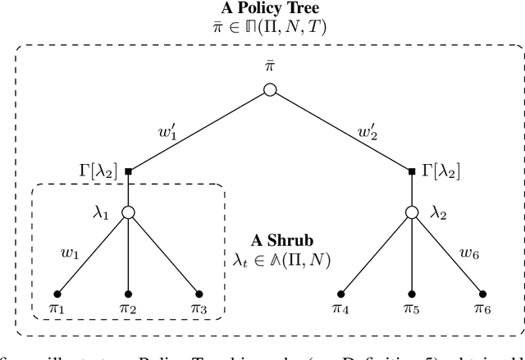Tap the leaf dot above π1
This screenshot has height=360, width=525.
(x=57, y=294)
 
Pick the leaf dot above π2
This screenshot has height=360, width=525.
(x=128, y=294)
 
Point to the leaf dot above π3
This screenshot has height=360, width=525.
(x=199, y=294)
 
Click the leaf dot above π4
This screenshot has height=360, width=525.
(x=340, y=294)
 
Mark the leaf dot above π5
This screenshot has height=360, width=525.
(x=411, y=294)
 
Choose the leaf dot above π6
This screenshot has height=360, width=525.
(x=482, y=294)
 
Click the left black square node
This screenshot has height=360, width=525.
(x=128, y=171)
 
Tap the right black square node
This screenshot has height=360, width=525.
(x=411, y=171)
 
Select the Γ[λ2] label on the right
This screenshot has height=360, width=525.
(x=444, y=171)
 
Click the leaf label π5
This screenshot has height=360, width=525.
(x=412, y=312)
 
